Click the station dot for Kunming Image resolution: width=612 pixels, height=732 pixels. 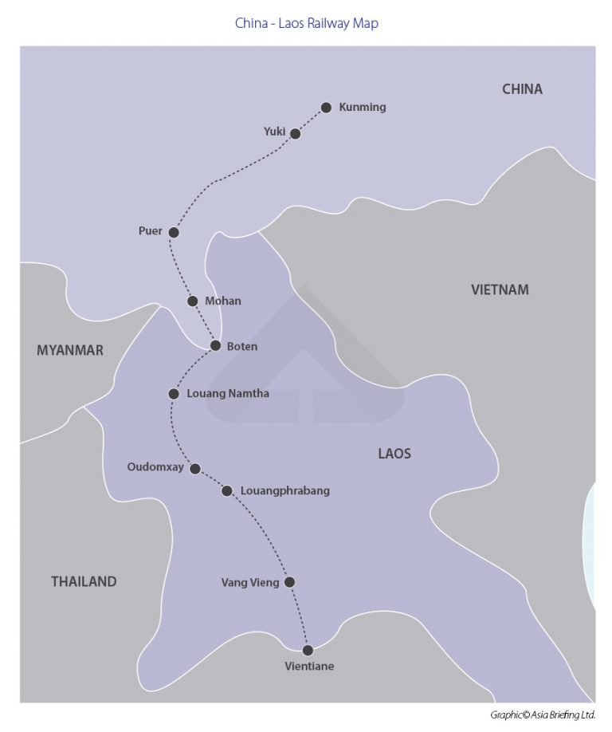(326, 108)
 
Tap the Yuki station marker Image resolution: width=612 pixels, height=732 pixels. (295, 133)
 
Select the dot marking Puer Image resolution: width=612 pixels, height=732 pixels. (174, 232)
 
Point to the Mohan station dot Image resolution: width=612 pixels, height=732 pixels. (192, 301)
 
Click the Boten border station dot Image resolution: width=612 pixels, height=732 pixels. (215, 345)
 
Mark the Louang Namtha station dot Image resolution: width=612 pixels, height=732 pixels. (174, 394)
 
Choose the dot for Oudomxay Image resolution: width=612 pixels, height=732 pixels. (194, 468)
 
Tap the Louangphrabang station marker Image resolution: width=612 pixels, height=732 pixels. (227, 490)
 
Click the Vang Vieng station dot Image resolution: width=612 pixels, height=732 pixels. (290, 582)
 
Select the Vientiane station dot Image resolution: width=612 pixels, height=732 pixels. (308, 650)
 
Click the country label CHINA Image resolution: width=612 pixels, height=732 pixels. (522, 89)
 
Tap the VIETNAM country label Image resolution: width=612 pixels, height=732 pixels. (500, 289)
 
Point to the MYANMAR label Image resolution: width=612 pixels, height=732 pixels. (70, 350)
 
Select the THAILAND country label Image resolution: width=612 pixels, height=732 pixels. (84, 581)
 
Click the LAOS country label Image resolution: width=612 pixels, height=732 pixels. (394, 453)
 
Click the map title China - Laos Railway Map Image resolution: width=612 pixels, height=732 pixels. (306, 23)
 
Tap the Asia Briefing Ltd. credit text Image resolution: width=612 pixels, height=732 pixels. (543, 714)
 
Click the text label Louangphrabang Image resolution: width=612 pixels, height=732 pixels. (285, 490)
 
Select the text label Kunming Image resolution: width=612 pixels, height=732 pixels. (363, 108)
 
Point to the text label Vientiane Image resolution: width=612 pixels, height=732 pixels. (309, 667)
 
